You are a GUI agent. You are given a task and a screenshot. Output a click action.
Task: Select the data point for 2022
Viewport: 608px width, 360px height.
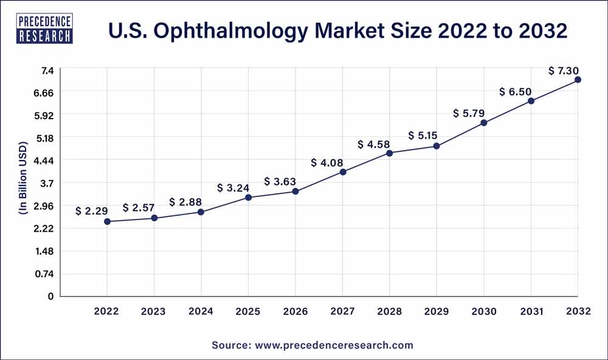(x=107, y=221)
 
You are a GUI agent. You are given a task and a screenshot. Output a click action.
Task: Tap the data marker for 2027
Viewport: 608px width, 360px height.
(x=343, y=172)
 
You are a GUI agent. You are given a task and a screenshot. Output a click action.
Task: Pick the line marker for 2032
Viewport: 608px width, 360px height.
(x=578, y=80)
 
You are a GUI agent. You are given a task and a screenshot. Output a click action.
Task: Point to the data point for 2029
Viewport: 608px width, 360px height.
(x=437, y=146)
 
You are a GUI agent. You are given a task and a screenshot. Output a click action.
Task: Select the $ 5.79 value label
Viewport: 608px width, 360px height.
(x=469, y=113)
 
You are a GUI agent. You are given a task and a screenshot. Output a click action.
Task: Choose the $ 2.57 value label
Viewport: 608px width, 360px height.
(x=139, y=208)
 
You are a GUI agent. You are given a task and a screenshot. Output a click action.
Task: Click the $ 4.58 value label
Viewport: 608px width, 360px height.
(x=374, y=144)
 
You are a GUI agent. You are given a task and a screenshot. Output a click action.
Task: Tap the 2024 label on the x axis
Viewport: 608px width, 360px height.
(x=201, y=311)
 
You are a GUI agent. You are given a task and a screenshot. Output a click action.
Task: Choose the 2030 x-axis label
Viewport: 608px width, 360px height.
(x=484, y=311)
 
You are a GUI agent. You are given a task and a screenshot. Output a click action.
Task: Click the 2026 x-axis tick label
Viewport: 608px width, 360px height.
(x=295, y=311)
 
